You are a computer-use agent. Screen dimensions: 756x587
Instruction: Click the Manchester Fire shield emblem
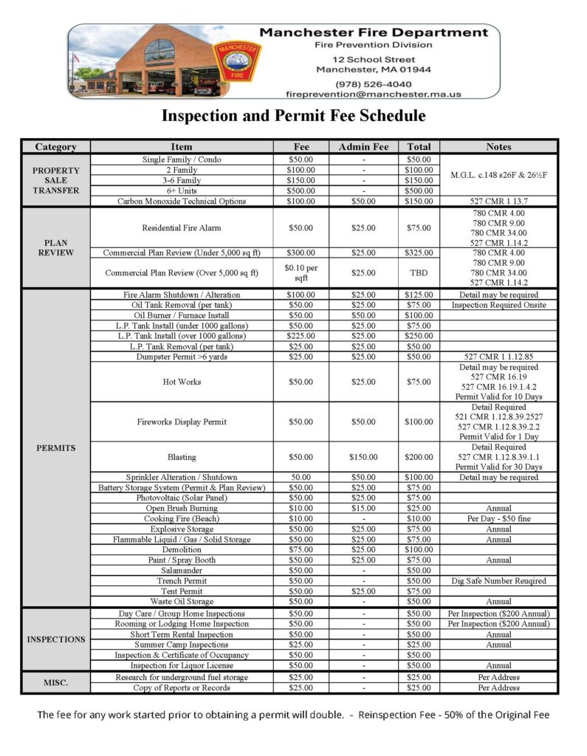pyautogui.click(x=236, y=61)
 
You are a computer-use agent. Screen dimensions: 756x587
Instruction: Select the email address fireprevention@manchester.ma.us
pyautogui.click(x=373, y=94)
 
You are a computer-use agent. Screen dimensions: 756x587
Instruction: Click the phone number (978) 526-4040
pyautogui.click(x=373, y=83)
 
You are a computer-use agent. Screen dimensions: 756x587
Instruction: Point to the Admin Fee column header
pyautogui.click(x=363, y=147)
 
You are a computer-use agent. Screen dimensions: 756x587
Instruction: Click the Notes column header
pyautogui.click(x=498, y=147)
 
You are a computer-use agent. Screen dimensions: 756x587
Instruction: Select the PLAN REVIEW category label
pyautogui.click(x=55, y=248)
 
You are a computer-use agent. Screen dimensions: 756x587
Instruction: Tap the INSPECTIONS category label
pyautogui.click(x=55, y=639)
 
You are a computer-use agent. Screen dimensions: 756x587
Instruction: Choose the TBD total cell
pyautogui.click(x=419, y=273)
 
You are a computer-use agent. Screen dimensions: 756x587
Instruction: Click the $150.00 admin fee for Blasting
pyautogui.click(x=363, y=458)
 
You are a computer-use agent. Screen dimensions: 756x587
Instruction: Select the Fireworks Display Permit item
pyautogui.click(x=182, y=422)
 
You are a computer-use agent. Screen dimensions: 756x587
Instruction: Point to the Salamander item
pyautogui.click(x=182, y=571)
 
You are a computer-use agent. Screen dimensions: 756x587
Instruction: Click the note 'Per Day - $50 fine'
pyautogui.click(x=498, y=519)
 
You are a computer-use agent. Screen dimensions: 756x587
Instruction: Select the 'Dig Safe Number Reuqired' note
pyautogui.click(x=498, y=581)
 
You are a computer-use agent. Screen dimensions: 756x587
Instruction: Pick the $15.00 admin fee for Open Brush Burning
pyautogui.click(x=363, y=509)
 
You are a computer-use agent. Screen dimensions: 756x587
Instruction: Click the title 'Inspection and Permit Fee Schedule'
pyautogui.click(x=293, y=116)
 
